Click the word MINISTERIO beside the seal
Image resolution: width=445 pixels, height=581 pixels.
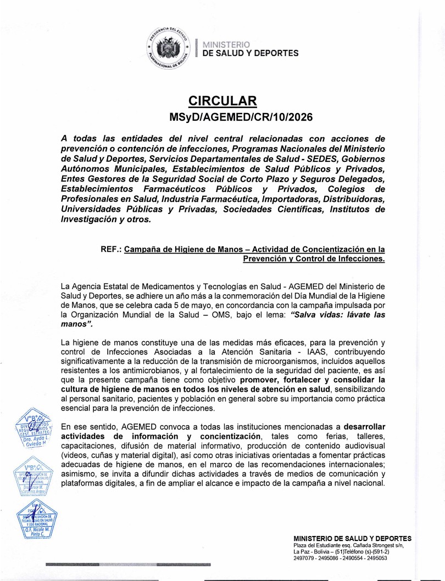point(226,44)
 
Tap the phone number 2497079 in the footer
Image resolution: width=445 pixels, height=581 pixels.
point(304,558)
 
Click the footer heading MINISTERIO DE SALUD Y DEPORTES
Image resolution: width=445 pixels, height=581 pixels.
point(353,538)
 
